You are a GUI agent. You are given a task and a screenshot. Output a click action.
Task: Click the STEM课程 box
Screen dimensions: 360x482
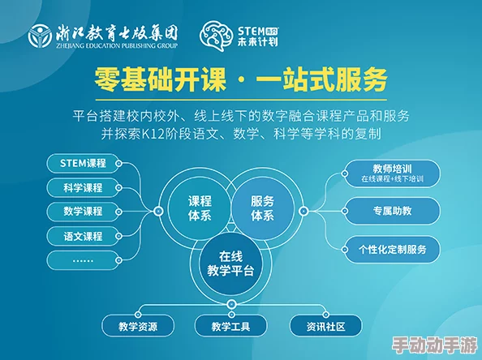pos(83,163)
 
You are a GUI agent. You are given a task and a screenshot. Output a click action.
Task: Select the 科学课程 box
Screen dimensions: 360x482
pos(83,187)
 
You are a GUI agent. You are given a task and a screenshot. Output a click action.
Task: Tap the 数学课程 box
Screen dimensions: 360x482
pos(83,212)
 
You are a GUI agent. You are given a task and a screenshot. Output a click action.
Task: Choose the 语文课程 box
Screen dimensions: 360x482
pos(83,236)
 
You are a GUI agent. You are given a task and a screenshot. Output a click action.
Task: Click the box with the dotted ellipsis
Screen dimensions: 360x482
pos(83,260)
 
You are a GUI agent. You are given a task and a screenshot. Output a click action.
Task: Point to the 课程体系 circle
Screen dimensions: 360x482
pos(199,208)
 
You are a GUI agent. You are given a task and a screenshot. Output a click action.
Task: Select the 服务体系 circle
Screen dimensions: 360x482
pos(262,208)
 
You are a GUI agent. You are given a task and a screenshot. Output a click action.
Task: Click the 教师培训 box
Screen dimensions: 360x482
pos(392,172)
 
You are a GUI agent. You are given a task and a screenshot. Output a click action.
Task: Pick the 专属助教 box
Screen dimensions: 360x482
pos(392,211)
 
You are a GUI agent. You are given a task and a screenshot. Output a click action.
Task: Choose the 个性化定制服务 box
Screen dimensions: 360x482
pos(392,249)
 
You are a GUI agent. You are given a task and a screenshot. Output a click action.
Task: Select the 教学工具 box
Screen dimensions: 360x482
pos(231,327)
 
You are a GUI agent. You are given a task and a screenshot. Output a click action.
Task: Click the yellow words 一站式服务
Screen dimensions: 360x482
pos(325,80)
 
